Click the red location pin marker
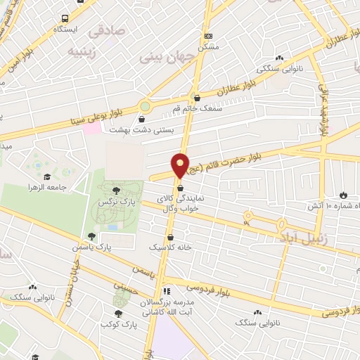tap(181, 165)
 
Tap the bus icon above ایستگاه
tap(65, 19)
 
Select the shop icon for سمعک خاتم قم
tap(196, 98)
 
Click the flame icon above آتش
tap(343, 195)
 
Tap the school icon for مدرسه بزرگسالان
tap(166, 290)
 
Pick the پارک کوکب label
tap(116, 324)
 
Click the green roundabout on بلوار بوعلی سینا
tap(145, 107)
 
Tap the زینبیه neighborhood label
tap(80, 51)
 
